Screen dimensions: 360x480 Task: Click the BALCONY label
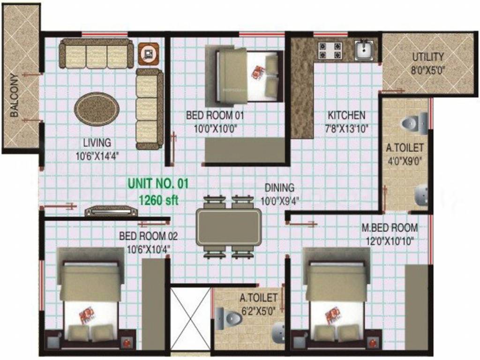click(15, 95)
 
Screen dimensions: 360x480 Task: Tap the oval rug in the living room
click(97, 109)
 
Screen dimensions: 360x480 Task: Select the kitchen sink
click(364, 50)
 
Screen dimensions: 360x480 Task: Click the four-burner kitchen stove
click(330, 51)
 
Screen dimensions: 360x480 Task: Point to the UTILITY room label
click(427, 57)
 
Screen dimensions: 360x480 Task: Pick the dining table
click(229, 226)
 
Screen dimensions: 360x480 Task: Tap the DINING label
click(279, 187)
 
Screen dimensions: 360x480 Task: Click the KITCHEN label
click(346, 115)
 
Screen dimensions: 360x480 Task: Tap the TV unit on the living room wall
click(111, 211)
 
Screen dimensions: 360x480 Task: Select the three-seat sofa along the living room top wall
click(96, 53)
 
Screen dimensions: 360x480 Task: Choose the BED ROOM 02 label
click(148, 236)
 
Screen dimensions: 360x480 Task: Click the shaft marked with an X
click(190, 318)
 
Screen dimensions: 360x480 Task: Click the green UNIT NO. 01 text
click(158, 183)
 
